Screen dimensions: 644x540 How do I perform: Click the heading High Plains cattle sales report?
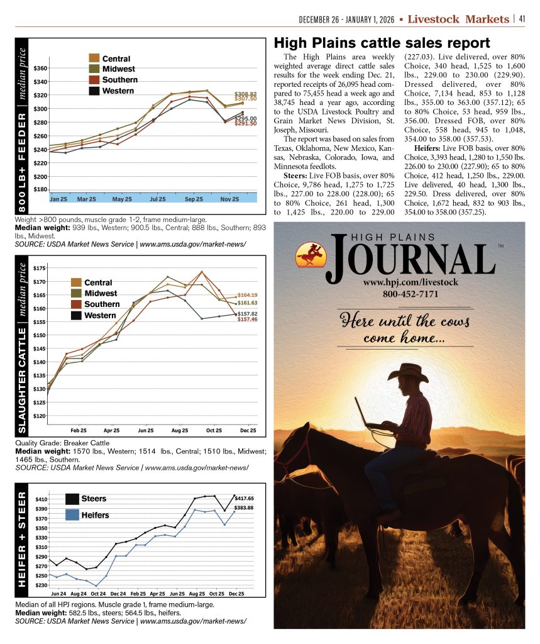point(382,43)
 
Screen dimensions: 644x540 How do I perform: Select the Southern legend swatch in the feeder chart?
point(94,80)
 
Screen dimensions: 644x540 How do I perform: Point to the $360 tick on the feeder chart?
point(40,68)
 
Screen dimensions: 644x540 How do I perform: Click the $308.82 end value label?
point(245,93)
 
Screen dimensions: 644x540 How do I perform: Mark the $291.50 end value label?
point(245,124)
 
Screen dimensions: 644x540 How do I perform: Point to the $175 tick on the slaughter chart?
point(39,269)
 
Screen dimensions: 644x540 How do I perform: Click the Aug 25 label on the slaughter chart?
point(180,431)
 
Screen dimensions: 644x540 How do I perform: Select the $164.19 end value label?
point(248,295)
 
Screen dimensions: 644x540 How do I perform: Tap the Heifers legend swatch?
point(72,515)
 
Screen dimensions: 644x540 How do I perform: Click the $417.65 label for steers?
point(244,498)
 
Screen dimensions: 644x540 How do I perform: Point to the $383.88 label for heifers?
point(244,508)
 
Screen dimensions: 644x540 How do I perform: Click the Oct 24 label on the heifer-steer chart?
point(97,593)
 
